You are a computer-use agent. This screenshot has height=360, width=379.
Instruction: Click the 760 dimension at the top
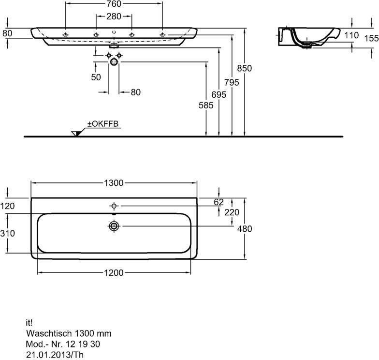click(114, 4)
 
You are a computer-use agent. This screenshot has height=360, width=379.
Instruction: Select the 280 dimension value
click(114, 16)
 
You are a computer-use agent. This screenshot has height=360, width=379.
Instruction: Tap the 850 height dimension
click(245, 69)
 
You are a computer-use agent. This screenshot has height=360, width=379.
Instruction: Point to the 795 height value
click(232, 82)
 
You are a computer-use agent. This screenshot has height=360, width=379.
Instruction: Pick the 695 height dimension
click(219, 95)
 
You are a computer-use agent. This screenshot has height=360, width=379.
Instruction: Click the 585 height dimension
click(206, 105)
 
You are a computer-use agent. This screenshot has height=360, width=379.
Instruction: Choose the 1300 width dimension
click(114, 183)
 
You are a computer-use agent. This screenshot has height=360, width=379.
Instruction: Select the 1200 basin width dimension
click(114, 273)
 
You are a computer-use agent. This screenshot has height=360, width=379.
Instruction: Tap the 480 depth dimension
click(245, 228)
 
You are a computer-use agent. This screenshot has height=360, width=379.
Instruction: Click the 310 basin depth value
click(8, 233)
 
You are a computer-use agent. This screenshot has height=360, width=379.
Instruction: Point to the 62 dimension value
click(219, 202)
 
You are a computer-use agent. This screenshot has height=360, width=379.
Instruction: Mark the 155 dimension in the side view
click(371, 38)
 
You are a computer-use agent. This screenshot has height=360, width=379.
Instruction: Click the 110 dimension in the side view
click(351, 35)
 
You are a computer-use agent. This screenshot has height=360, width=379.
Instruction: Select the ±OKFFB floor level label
click(103, 124)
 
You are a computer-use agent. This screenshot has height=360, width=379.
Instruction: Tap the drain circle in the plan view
click(114, 226)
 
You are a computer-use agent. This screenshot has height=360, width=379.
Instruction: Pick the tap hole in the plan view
click(114, 206)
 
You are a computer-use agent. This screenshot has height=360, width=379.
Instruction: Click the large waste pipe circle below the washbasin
click(114, 62)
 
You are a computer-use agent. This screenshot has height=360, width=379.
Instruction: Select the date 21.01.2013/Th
click(55, 355)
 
